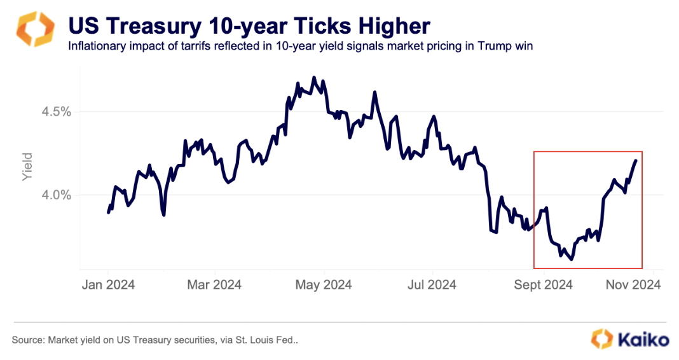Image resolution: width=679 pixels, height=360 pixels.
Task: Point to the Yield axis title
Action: click(27, 167)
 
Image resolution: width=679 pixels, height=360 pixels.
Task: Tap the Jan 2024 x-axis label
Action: click(108, 284)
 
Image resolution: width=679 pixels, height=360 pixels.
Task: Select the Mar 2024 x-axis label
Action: click(215, 284)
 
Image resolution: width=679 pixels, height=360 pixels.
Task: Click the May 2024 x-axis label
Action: click(324, 284)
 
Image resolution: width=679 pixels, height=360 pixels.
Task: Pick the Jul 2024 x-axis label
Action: click(432, 284)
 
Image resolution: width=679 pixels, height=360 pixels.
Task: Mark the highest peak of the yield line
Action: click(314, 78)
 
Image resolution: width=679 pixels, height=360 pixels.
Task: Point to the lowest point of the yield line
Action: click(572, 259)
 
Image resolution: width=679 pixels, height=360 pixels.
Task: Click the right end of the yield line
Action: click(636, 160)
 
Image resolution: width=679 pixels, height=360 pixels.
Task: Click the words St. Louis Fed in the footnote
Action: click(271, 340)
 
